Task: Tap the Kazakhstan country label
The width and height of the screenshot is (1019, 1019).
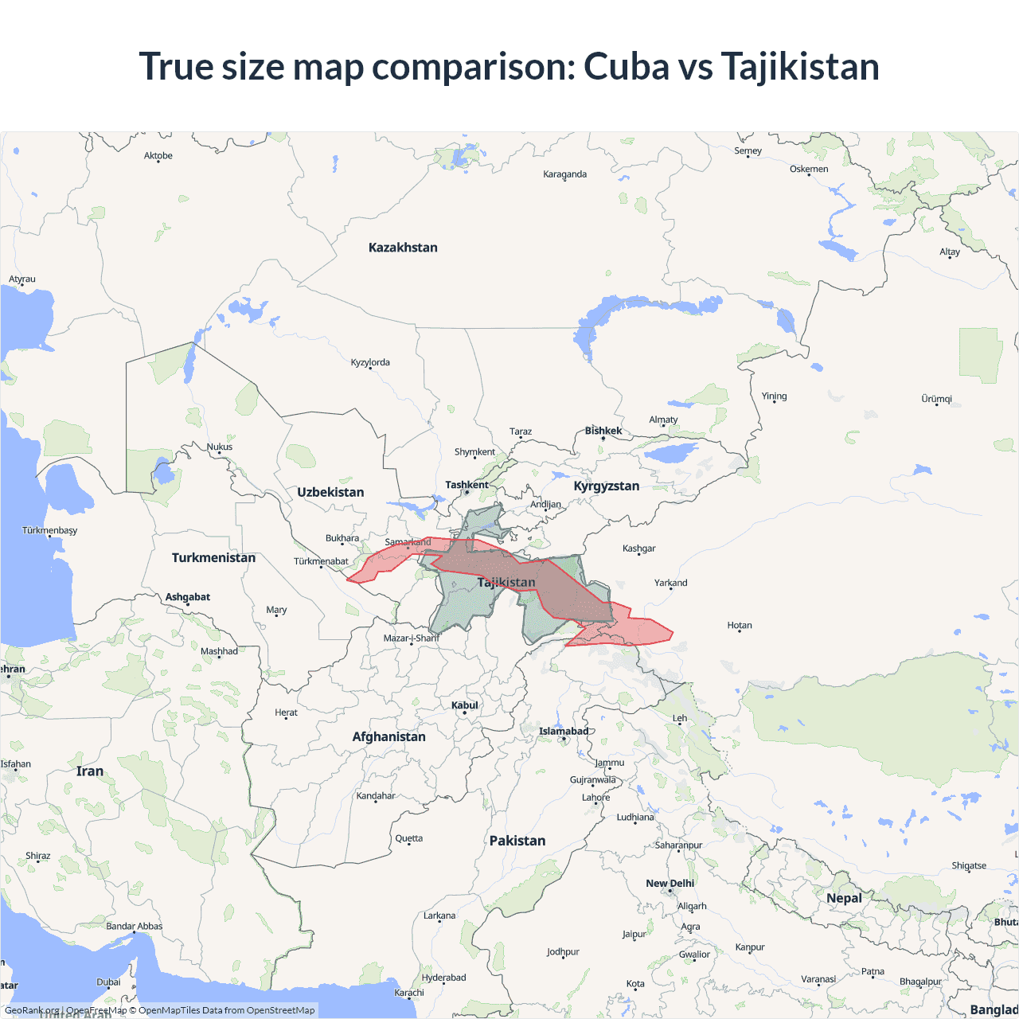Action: [x=403, y=248]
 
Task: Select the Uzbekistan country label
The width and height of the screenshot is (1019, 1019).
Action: [x=330, y=492]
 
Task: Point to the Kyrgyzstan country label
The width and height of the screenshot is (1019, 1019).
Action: [x=606, y=486]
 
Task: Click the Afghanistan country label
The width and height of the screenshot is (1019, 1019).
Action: [x=388, y=736]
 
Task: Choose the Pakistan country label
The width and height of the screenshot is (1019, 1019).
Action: [x=517, y=841]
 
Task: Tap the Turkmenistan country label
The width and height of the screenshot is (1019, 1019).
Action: [x=213, y=557]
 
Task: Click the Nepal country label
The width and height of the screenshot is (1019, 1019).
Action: [x=844, y=898]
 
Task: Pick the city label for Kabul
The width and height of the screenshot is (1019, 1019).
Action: [x=465, y=705]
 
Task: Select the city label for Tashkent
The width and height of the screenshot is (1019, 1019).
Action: [x=467, y=485]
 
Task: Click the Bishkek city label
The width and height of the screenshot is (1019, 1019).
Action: [x=603, y=431]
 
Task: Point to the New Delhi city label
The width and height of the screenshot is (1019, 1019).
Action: [x=670, y=884]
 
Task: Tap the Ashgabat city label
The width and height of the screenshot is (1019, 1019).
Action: [x=188, y=597]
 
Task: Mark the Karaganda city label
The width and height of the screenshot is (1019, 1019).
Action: [x=564, y=174]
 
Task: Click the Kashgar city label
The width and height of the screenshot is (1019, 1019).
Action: [x=638, y=549]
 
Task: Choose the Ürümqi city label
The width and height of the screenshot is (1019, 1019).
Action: [x=936, y=399]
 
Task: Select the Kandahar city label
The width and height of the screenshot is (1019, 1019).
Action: [x=376, y=796]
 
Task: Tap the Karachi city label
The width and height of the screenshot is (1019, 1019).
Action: [x=409, y=993]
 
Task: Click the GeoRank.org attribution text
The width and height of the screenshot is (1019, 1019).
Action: [x=32, y=1010]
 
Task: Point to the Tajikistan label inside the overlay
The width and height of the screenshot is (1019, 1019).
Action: [x=506, y=582]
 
